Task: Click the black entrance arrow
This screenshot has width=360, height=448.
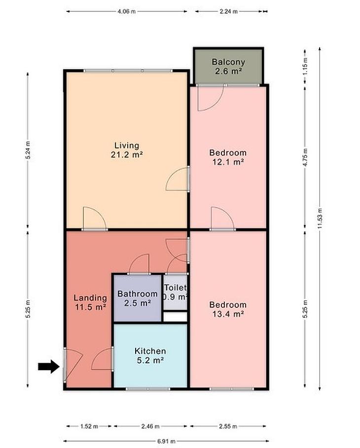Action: coord(48,366)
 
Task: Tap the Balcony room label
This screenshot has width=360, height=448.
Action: coord(228,66)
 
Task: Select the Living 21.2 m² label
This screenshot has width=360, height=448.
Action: coord(127,150)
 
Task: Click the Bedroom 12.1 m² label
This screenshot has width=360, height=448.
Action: coord(228,157)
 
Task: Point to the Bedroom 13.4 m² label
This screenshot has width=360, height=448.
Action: coord(228,309)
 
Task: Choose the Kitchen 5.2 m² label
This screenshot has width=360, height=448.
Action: coord(150,355)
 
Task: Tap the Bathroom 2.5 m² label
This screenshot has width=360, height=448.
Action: coord(137,298)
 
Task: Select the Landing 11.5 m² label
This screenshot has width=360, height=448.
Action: coord(90,302)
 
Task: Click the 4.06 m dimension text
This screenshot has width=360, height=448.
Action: coord(126,11)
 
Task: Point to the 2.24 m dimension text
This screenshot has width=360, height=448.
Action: coord(228,11)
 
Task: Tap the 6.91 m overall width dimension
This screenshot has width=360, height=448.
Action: coord(166,442)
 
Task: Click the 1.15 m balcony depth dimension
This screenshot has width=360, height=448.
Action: coord(305,66)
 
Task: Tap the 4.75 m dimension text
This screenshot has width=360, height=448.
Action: coord(305,157)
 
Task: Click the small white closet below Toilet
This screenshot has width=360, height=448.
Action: coord(175,317)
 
